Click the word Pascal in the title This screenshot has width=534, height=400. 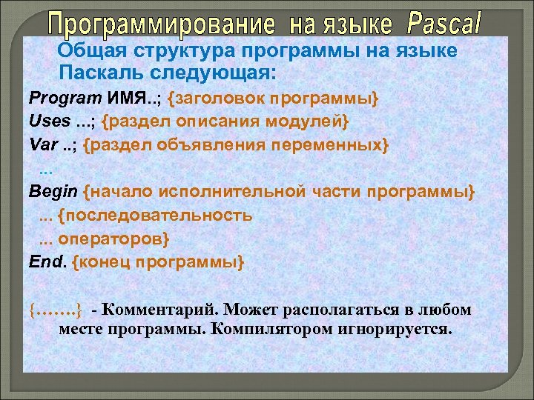tap(444, 27)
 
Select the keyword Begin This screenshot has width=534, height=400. tap(53, 192)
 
